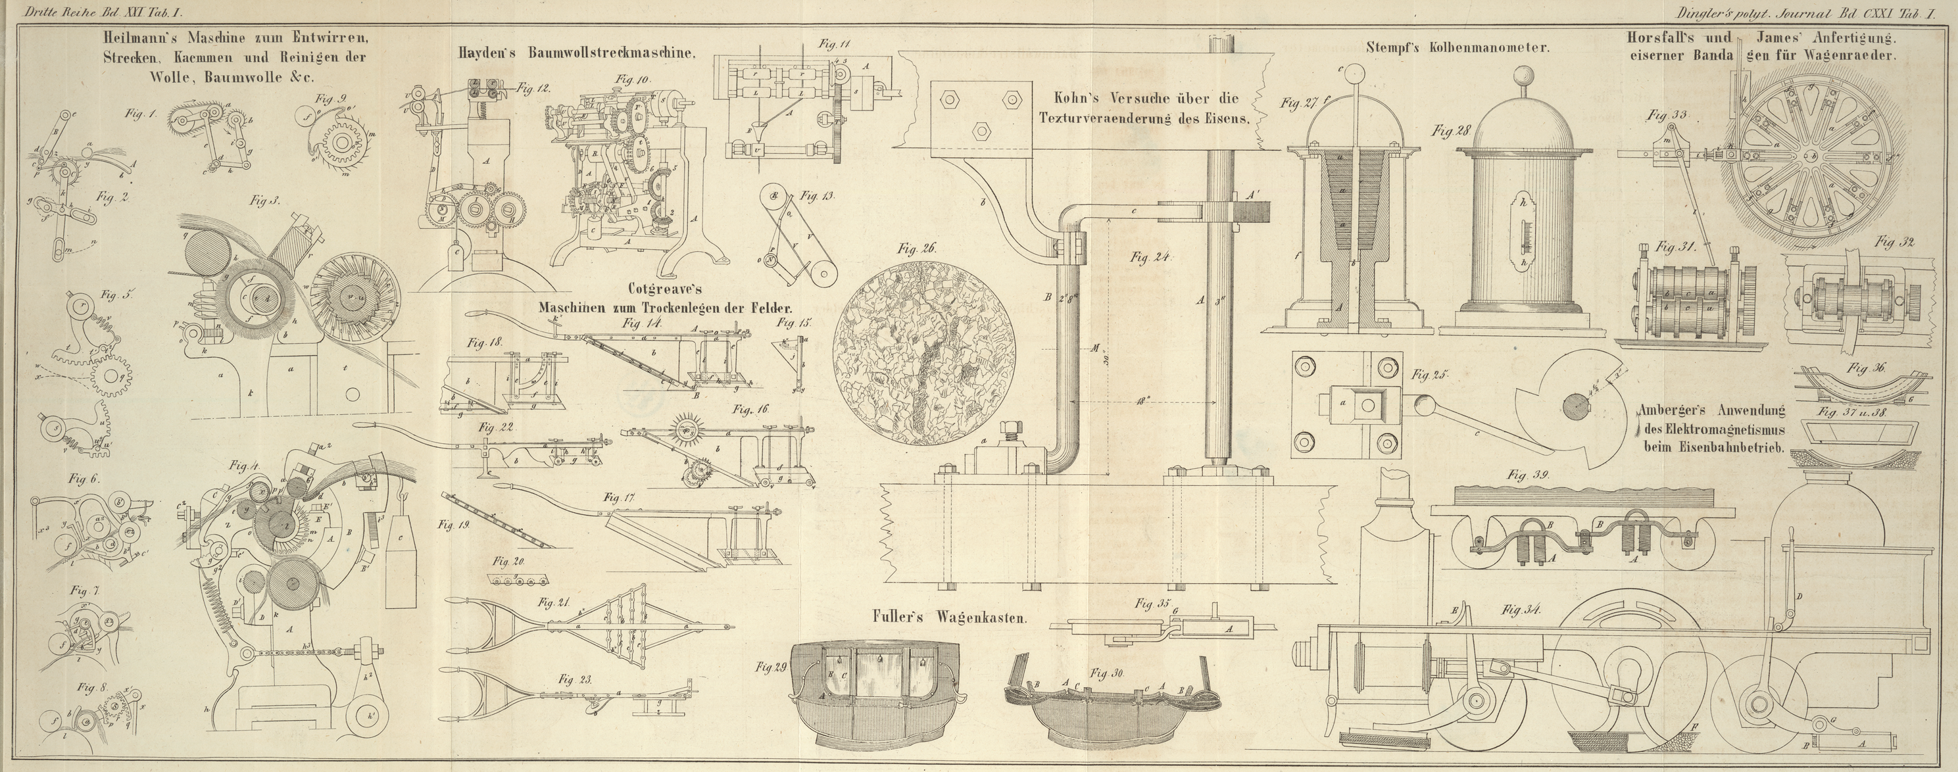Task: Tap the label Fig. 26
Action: tap(917, 249)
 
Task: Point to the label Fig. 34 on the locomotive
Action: tap(1522, 610)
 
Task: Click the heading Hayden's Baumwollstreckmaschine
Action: tap(576, 53)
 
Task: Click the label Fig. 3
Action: tap(265, 201)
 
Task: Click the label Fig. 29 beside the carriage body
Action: tap(772, 666)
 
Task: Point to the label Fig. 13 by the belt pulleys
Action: tap(816, 196)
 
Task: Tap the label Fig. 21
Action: tap(553, 602)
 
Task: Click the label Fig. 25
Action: tap(1430, 375)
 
